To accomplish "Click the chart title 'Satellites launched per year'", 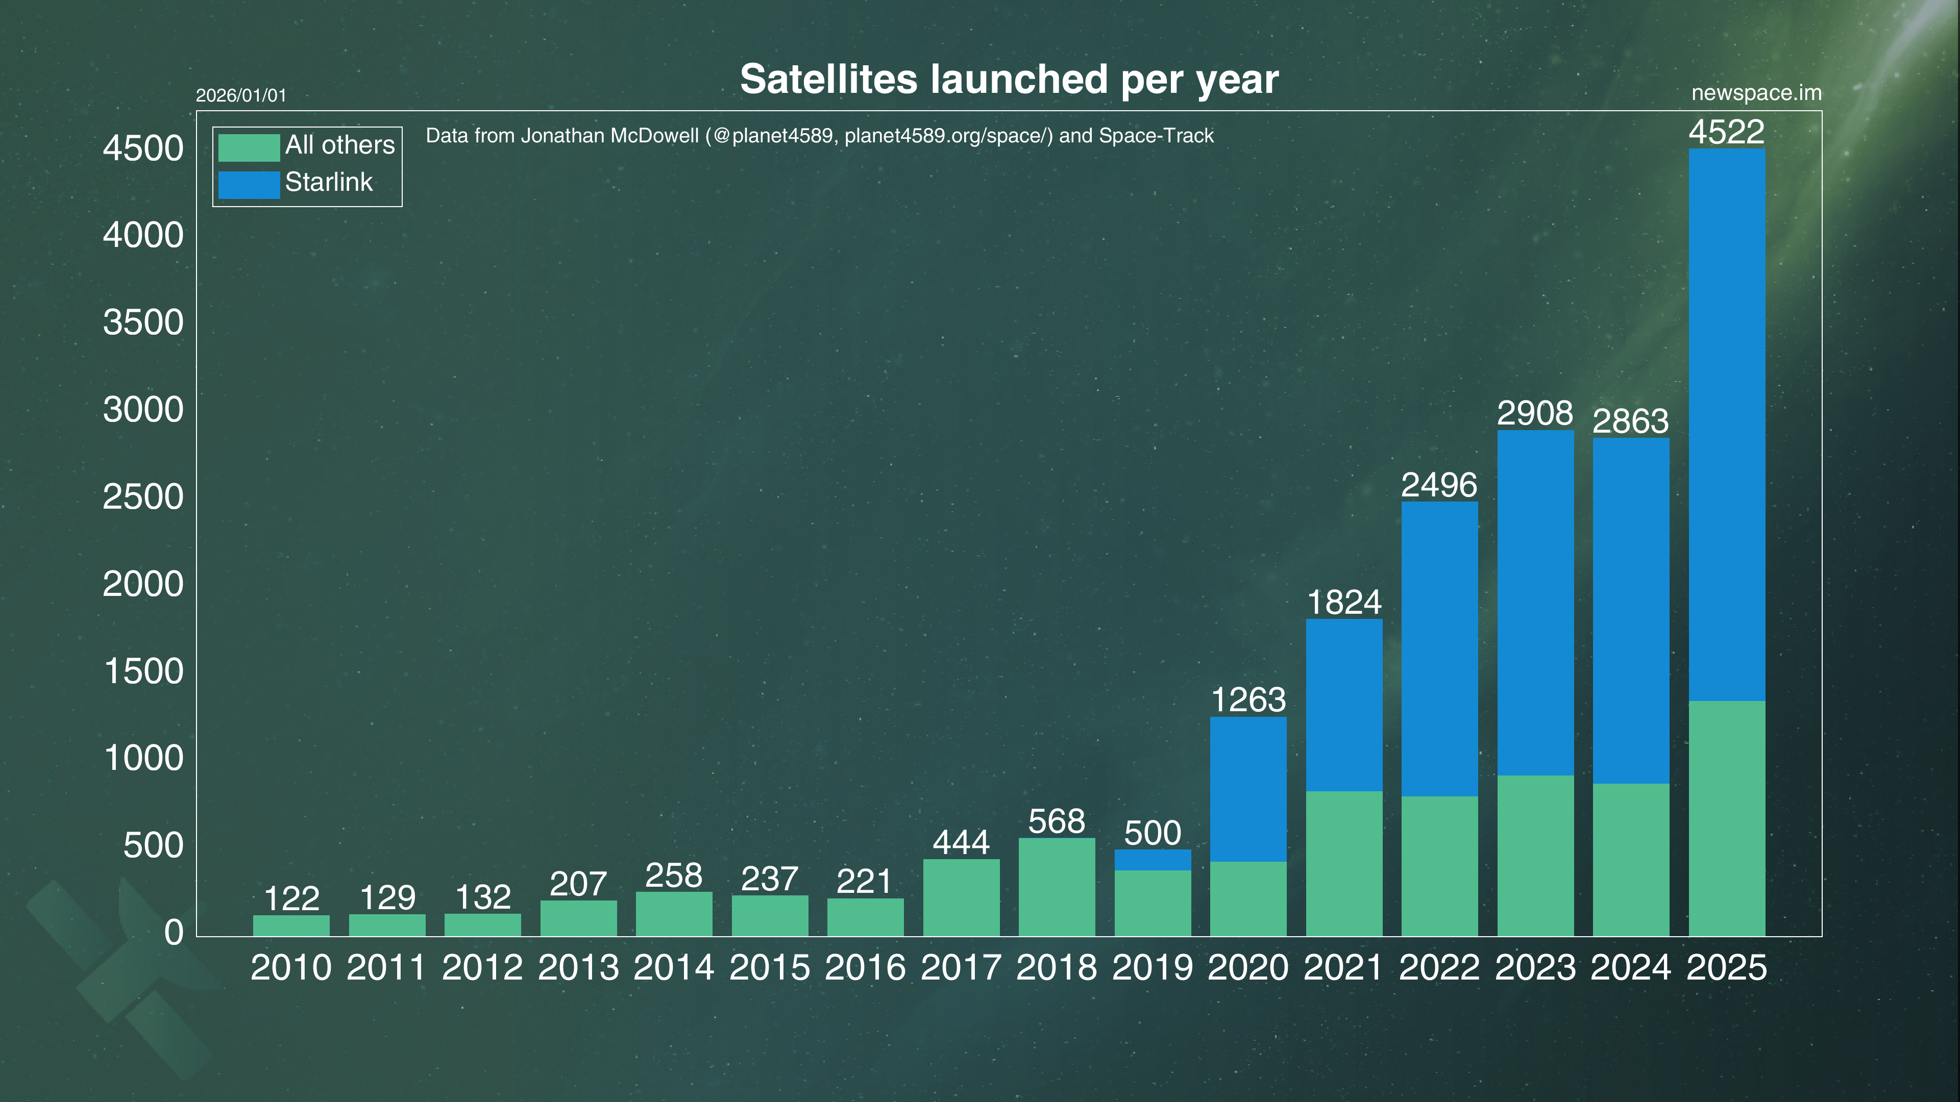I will coord(1009,79).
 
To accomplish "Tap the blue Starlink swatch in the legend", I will coord(249,185).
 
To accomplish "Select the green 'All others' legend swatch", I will coord(249,147).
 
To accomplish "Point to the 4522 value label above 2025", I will coord(1726,132).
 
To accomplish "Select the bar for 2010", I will coord(291,925).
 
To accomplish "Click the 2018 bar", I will coord(1057,887).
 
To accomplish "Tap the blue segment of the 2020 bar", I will coord(1248,789).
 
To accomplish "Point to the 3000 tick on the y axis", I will coord(143,410).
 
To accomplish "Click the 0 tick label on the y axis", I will coord(174,933).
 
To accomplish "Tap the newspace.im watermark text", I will coord(1756,93).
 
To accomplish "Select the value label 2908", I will coord(1535,413).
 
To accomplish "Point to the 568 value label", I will coord(1057,821).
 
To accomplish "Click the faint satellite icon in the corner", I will coord(122,978).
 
